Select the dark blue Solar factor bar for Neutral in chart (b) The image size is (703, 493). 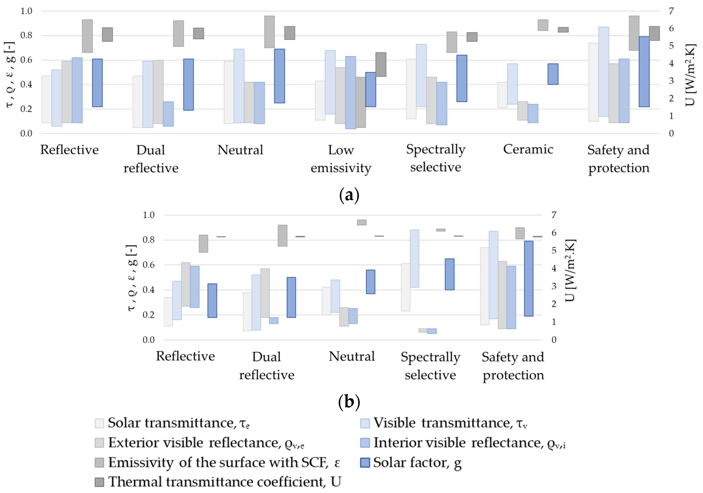(371, 282)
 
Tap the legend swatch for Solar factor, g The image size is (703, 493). (365, 462)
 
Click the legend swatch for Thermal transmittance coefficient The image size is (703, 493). (99, 482)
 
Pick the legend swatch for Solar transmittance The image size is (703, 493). (99, 423)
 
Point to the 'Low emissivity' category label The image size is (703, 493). (341, 159)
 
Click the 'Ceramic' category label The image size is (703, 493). (528, 149)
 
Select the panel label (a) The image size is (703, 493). (349, 195)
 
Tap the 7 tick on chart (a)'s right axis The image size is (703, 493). (671, 11)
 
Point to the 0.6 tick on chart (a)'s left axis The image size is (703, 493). (26, 60)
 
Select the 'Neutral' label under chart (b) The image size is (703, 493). (351, 356)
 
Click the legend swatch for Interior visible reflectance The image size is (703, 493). (365, 443)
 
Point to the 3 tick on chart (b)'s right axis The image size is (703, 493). (554, 286)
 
